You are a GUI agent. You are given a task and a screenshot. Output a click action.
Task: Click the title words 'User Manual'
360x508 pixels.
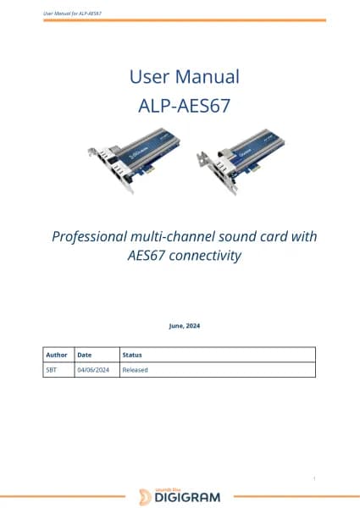pos(184,77)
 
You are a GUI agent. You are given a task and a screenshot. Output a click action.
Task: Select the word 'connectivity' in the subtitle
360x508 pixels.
pos(206,254)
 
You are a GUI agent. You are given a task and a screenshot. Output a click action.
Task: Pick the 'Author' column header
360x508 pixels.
pos(57,356)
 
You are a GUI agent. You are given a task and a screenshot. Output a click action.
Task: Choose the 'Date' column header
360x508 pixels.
pos(85,356)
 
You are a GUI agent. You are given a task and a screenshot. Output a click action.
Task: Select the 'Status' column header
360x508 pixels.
pos(132,356)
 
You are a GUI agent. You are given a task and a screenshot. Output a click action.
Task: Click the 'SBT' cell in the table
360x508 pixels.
pos(53,370)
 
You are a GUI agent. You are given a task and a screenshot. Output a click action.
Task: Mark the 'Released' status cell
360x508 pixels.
pos(136,370)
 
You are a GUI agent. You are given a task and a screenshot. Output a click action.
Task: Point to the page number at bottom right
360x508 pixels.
pos(314,479)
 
